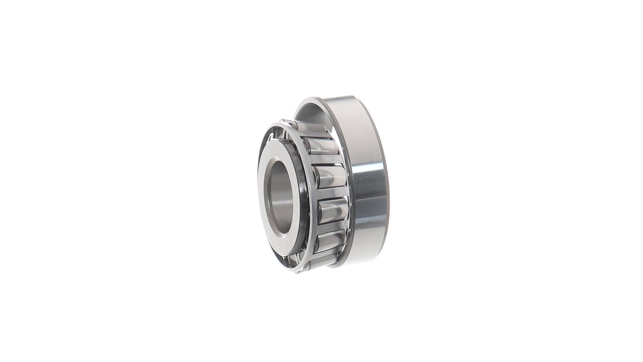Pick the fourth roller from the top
click(x=333, y=211)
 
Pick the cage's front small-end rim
click(x=295, y=134)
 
